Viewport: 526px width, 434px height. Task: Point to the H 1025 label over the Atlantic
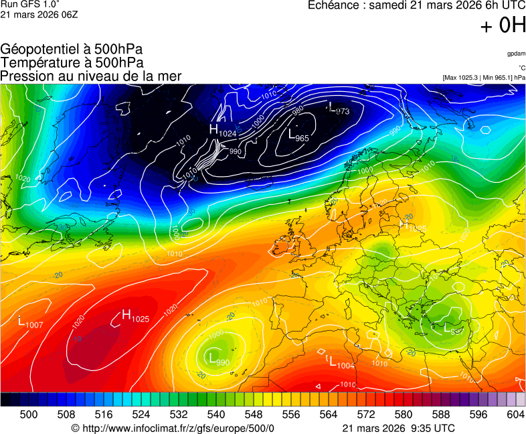point(135,316)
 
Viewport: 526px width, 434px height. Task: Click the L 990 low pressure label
point(219,359)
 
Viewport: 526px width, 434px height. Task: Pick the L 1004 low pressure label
point(341,362)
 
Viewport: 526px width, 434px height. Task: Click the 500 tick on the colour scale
point(29,415)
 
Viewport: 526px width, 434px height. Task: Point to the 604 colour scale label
point(515,415)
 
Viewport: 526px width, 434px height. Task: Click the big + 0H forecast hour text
point(503,25)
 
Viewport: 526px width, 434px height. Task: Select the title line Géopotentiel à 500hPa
point(72,50)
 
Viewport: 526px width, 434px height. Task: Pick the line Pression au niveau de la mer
point(91,76)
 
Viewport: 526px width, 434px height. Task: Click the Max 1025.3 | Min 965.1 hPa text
point(484,78)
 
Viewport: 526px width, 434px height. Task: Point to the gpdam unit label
point(516,53)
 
